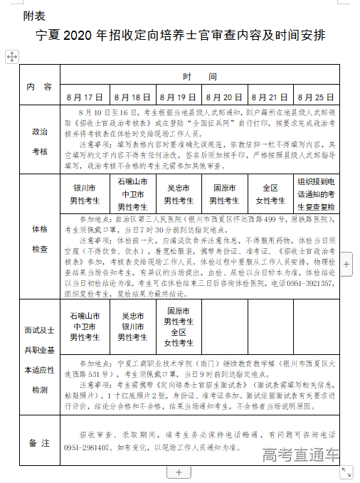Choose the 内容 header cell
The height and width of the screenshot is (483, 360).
39,86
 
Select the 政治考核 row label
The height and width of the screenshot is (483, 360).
40,142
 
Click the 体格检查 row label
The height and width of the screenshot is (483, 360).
40,239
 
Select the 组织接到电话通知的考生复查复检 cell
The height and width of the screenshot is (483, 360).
315,193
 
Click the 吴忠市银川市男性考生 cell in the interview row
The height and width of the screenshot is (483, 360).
132,326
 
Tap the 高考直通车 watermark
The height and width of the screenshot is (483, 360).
300,455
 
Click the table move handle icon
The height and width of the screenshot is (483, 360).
11,56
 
